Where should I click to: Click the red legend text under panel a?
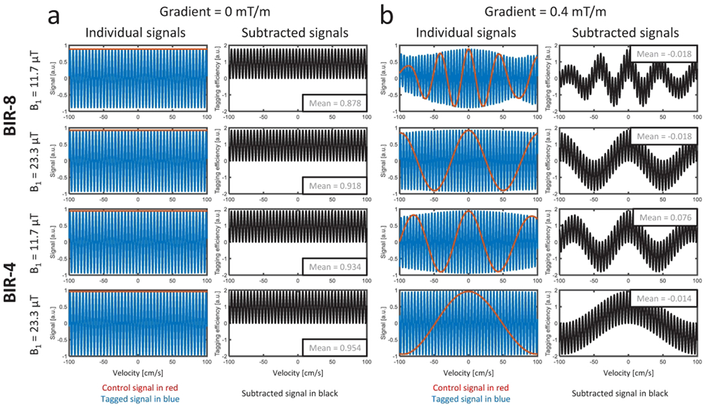(136, 389)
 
